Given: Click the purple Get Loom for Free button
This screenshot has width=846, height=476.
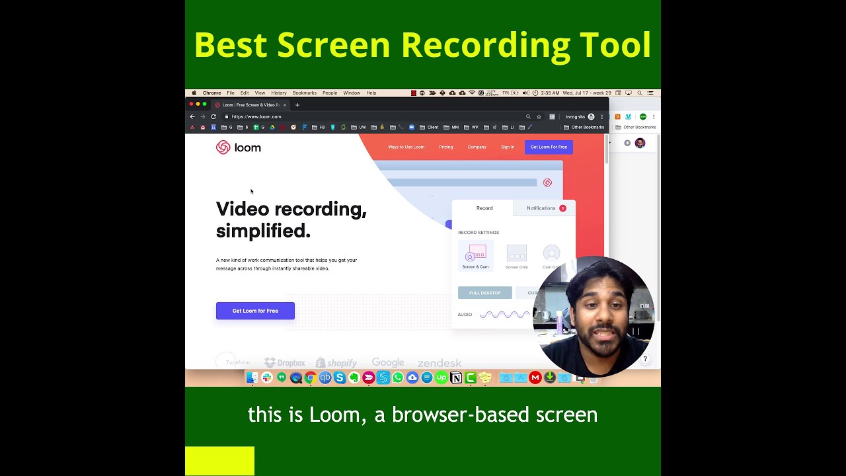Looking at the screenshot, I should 255,311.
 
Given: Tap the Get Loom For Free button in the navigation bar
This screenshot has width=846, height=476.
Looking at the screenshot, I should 549,147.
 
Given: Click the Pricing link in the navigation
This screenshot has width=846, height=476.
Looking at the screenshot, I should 446,147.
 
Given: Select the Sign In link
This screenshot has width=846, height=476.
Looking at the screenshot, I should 508,147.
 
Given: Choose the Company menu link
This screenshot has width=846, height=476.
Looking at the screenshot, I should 477,147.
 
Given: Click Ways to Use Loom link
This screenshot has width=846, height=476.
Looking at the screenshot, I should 406,147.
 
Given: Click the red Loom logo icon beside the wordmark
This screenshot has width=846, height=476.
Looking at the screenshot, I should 223,147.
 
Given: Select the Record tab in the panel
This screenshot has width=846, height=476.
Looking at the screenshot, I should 484,208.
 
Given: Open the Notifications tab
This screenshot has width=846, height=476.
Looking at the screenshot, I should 541,208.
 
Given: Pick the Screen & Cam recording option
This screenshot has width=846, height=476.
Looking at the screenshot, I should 476,256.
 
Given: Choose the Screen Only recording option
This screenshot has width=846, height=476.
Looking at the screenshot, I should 516,256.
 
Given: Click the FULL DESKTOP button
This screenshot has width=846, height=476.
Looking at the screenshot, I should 484,293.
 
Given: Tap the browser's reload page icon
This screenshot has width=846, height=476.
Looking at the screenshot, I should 213,116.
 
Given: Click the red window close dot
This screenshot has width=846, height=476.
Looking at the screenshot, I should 191,104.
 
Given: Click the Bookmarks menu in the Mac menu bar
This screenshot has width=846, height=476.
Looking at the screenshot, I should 305,93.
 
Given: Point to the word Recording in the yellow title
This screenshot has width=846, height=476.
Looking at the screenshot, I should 485,45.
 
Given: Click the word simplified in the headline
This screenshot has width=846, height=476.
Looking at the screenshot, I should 263,231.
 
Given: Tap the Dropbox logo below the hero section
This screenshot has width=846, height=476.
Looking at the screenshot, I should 285,363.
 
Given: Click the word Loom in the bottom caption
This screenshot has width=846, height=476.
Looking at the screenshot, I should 334,415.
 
